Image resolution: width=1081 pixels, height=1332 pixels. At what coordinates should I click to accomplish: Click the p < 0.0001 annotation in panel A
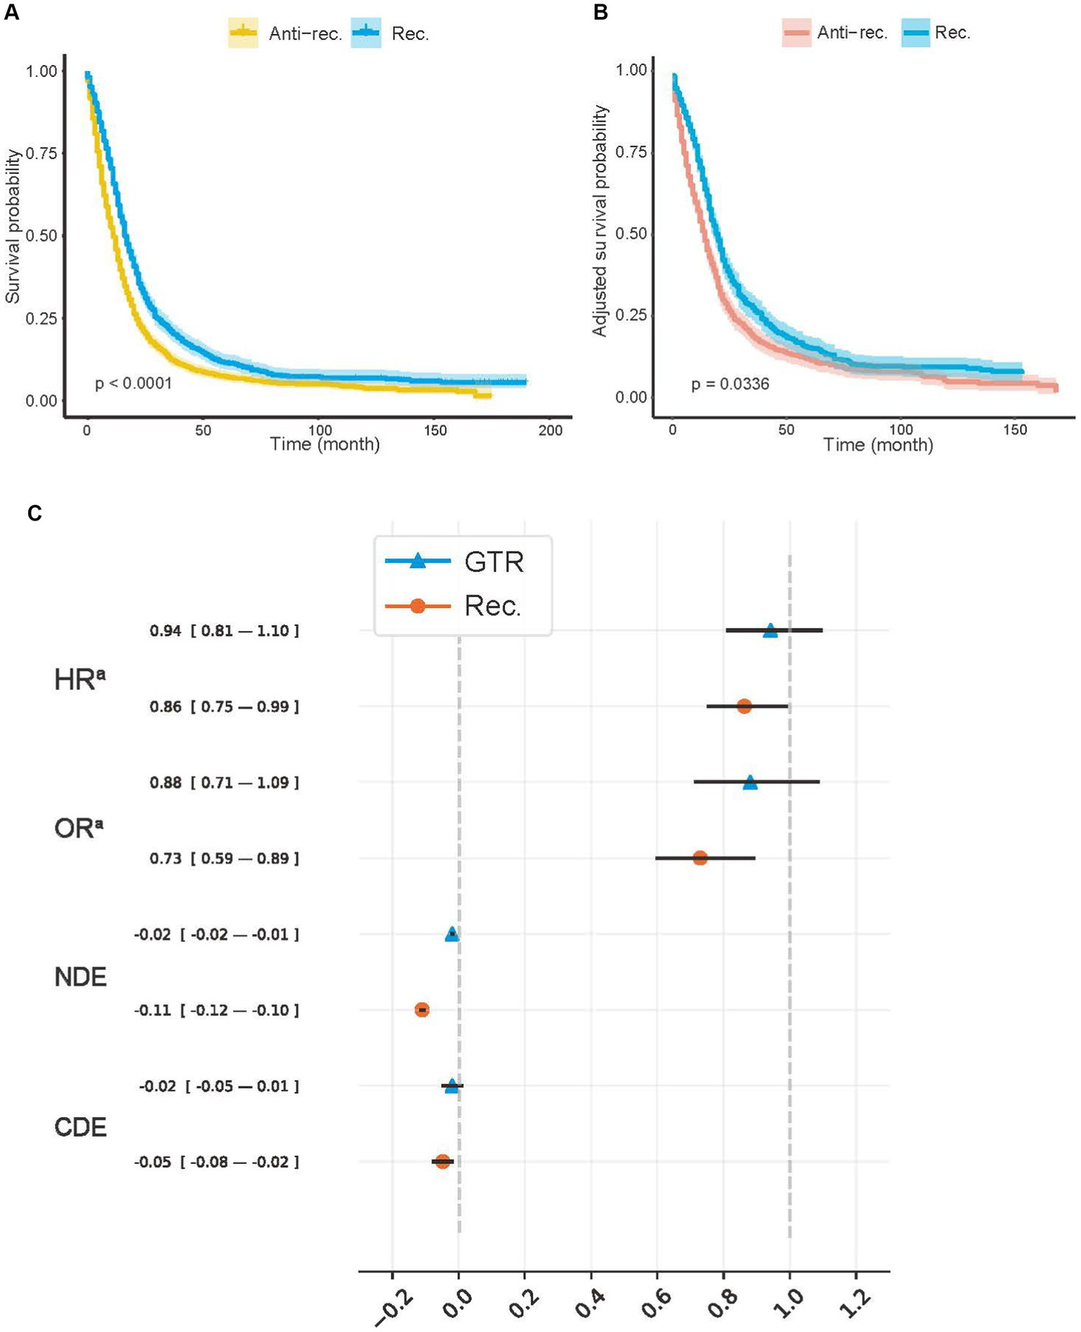133,384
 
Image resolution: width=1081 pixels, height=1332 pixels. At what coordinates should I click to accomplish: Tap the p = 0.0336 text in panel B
730,384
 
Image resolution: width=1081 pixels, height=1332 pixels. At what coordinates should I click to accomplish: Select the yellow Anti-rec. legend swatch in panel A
243,33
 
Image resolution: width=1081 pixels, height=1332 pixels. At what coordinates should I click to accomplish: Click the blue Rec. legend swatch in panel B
915,32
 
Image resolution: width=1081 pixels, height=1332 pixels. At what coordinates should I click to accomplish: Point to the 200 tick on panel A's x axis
550,430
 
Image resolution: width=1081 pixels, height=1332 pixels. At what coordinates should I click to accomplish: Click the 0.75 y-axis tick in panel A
42,153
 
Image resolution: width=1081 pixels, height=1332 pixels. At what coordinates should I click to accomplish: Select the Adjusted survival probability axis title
599,220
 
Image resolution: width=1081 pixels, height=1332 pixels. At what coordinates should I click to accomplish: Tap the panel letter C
34,513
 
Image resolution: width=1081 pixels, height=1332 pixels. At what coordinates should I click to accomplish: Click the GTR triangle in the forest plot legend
418,561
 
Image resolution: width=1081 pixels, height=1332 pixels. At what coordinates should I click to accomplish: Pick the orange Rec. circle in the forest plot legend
418,605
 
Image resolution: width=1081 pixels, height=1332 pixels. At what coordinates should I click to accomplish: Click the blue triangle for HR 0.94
770,630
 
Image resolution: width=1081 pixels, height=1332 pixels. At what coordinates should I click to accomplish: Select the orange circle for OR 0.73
699,857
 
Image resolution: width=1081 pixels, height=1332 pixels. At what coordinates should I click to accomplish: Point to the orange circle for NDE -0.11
422,1010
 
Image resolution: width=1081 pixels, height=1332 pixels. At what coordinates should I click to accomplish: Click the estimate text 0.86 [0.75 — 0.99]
224,706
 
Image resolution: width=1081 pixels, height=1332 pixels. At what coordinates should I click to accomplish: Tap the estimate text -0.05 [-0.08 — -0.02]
216,1162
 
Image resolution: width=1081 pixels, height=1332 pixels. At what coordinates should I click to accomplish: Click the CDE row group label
80,1127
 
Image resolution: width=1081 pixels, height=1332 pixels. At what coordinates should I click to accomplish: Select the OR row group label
78,829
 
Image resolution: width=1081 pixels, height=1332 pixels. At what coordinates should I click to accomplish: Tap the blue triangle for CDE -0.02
451,1086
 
